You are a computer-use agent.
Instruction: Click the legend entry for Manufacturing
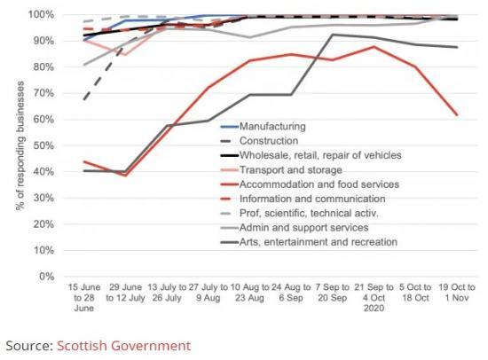click(x=272, y=127)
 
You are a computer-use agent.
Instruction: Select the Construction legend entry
click(x=269, y=141)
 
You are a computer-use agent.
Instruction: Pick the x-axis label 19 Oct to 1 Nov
click(x=458, y=293)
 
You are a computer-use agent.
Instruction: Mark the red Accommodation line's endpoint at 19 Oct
click(x=458, y=115)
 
